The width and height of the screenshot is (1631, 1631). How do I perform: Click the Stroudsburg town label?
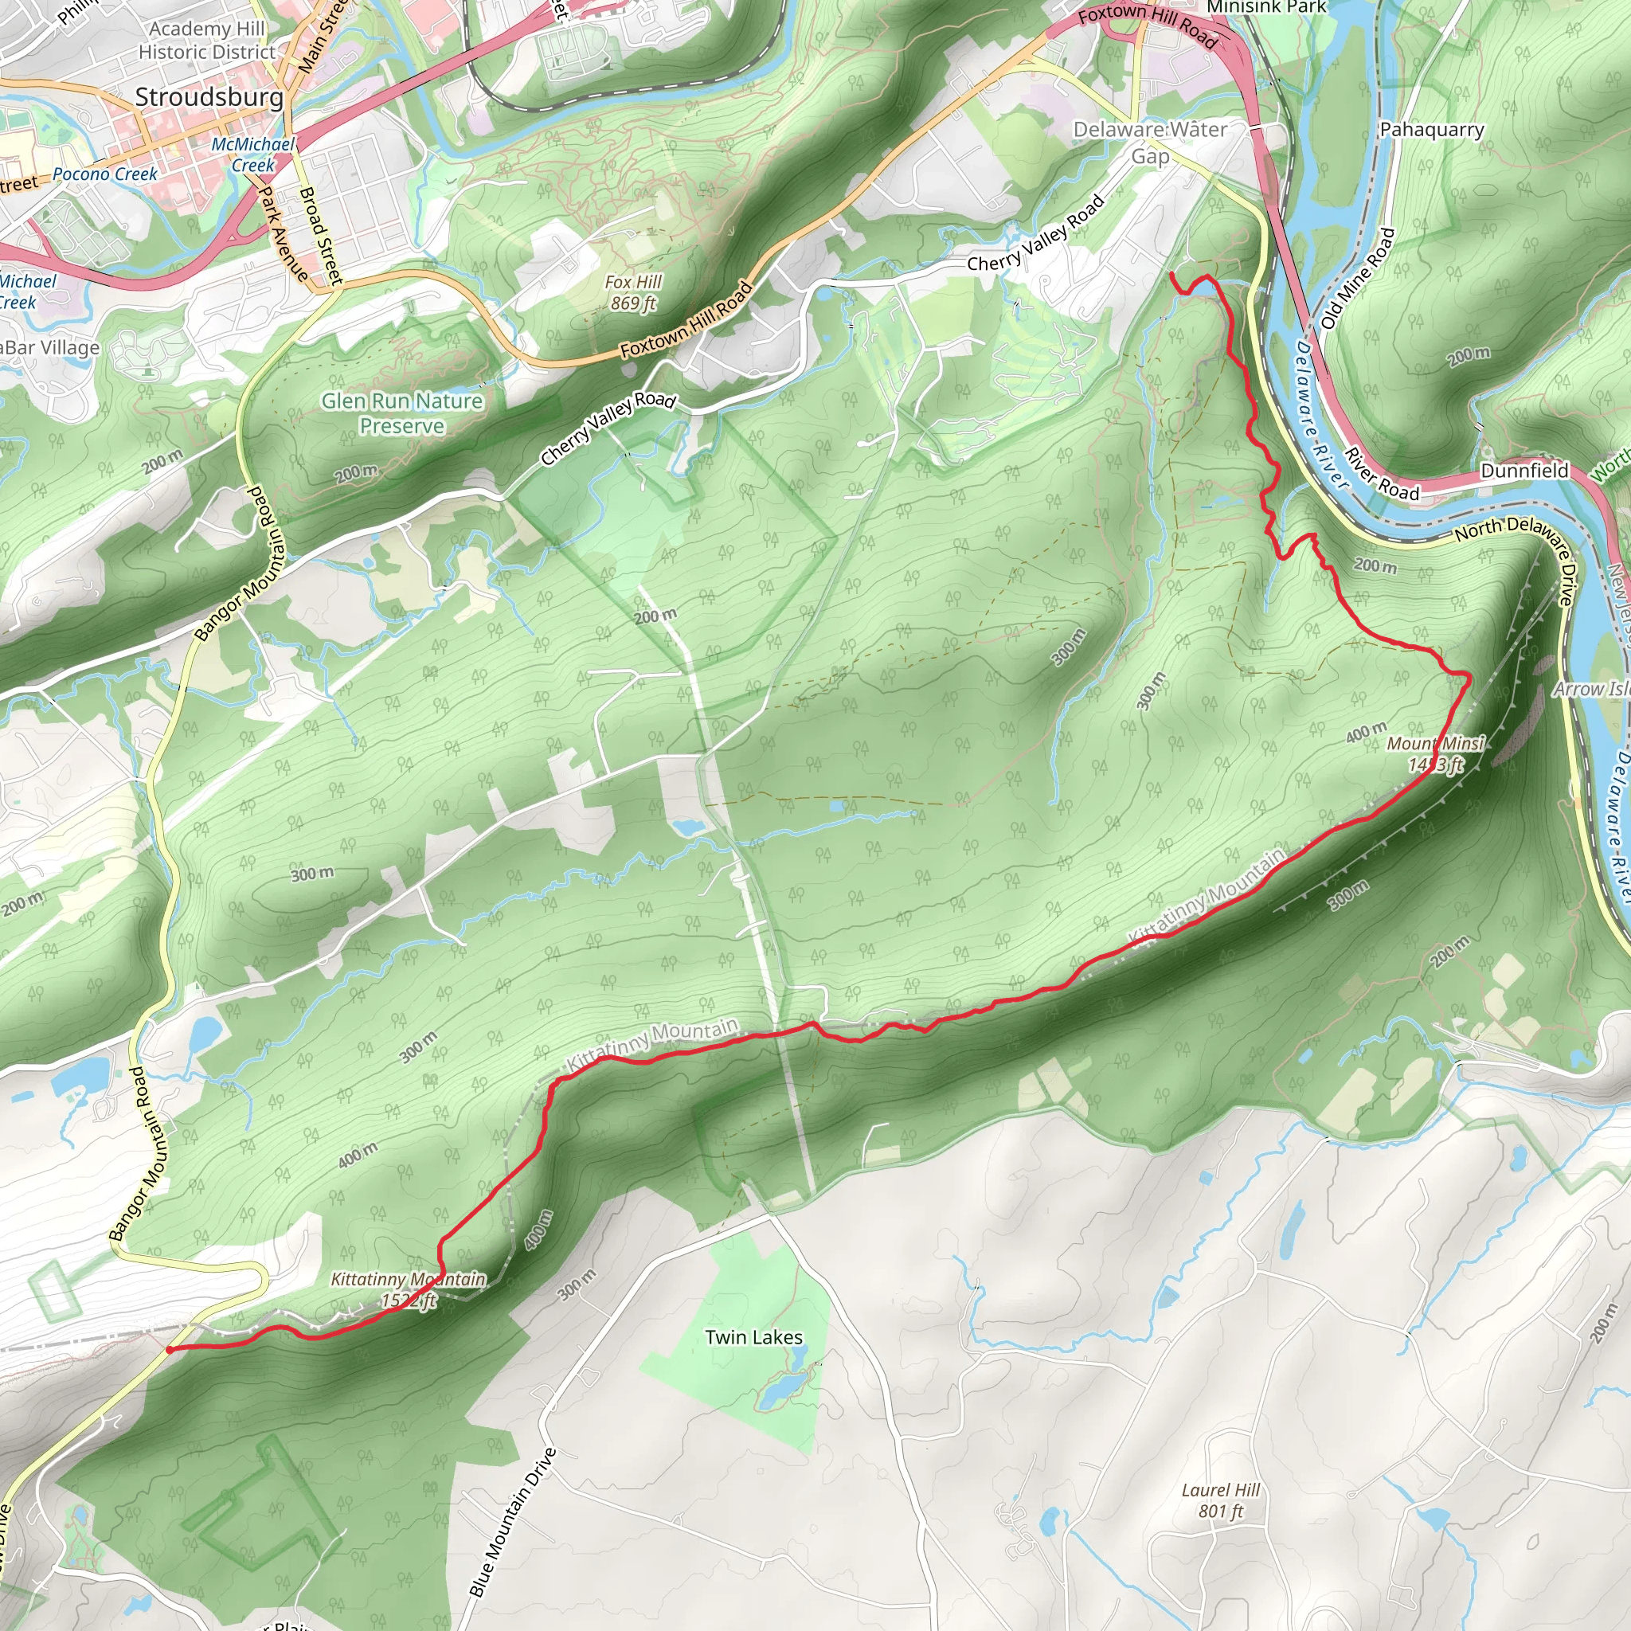click(209, 97)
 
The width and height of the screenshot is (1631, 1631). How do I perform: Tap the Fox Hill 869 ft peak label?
click(632, 292)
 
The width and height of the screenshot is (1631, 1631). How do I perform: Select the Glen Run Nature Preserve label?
click(402, 413)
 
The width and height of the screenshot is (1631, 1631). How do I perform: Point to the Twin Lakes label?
click(753, 1337)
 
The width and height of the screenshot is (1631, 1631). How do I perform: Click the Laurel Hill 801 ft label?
click(1220, 1500)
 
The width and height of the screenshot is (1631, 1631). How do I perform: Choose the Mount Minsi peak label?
click(1435, 754)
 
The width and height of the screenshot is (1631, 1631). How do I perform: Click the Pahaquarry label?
click(1432, 130)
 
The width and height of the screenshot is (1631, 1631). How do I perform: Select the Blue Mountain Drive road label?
click(512, 1523)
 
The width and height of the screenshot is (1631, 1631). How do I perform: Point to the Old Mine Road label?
click(1359, 279)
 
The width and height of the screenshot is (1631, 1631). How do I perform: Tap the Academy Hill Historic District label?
click(207, 40)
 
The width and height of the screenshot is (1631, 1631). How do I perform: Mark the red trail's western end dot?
click(170, 1350)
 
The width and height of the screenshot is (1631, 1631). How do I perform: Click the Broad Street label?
click(321, 235)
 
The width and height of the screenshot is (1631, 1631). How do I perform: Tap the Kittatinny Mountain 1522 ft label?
click(408, 1290)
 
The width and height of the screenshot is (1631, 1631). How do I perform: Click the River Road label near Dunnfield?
click(1381, 475)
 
